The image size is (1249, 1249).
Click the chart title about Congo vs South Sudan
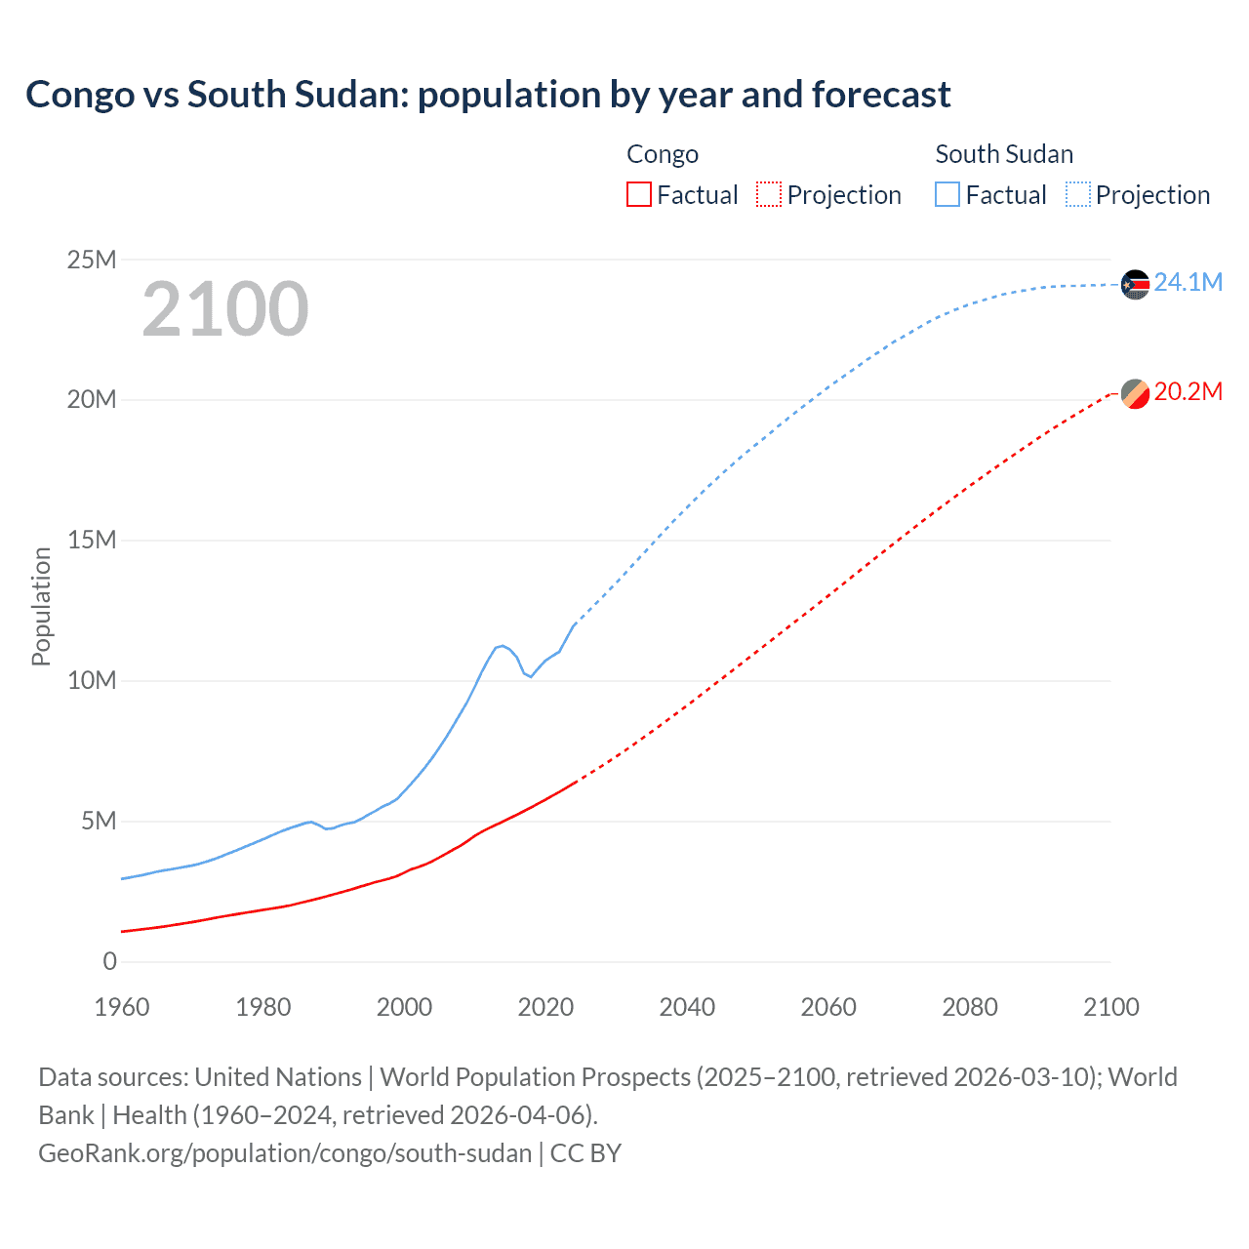coord(488,95)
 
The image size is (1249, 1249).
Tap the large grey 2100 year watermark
coord(225,309)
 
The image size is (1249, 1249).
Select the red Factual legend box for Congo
coord(639,194)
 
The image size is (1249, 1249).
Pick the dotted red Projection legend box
coord(769,194)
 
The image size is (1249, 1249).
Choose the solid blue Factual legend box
coord(947,194)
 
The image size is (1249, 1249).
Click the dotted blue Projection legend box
coord(1077,194)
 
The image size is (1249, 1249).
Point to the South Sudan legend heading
coord(1004,154)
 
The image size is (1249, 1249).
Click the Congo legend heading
coord(663,154)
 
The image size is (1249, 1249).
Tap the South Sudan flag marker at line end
coord(1135,284)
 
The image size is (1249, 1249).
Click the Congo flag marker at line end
coord(1135,393)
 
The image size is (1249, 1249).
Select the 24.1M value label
coord(1188,283)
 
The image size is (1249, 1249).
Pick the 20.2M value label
coord(1188,392)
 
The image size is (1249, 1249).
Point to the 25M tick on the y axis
coord(92,260)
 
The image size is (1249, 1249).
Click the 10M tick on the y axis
coord(92,681)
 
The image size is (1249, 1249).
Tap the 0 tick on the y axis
coord(109,962)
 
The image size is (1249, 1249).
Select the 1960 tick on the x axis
coord(122,1007)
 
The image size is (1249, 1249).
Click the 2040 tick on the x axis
coord(687,1007)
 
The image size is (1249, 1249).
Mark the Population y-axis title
coord(41,606)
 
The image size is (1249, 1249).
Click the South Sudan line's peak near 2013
coord(503,646)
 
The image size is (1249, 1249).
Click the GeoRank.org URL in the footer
coord(285,1153)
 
